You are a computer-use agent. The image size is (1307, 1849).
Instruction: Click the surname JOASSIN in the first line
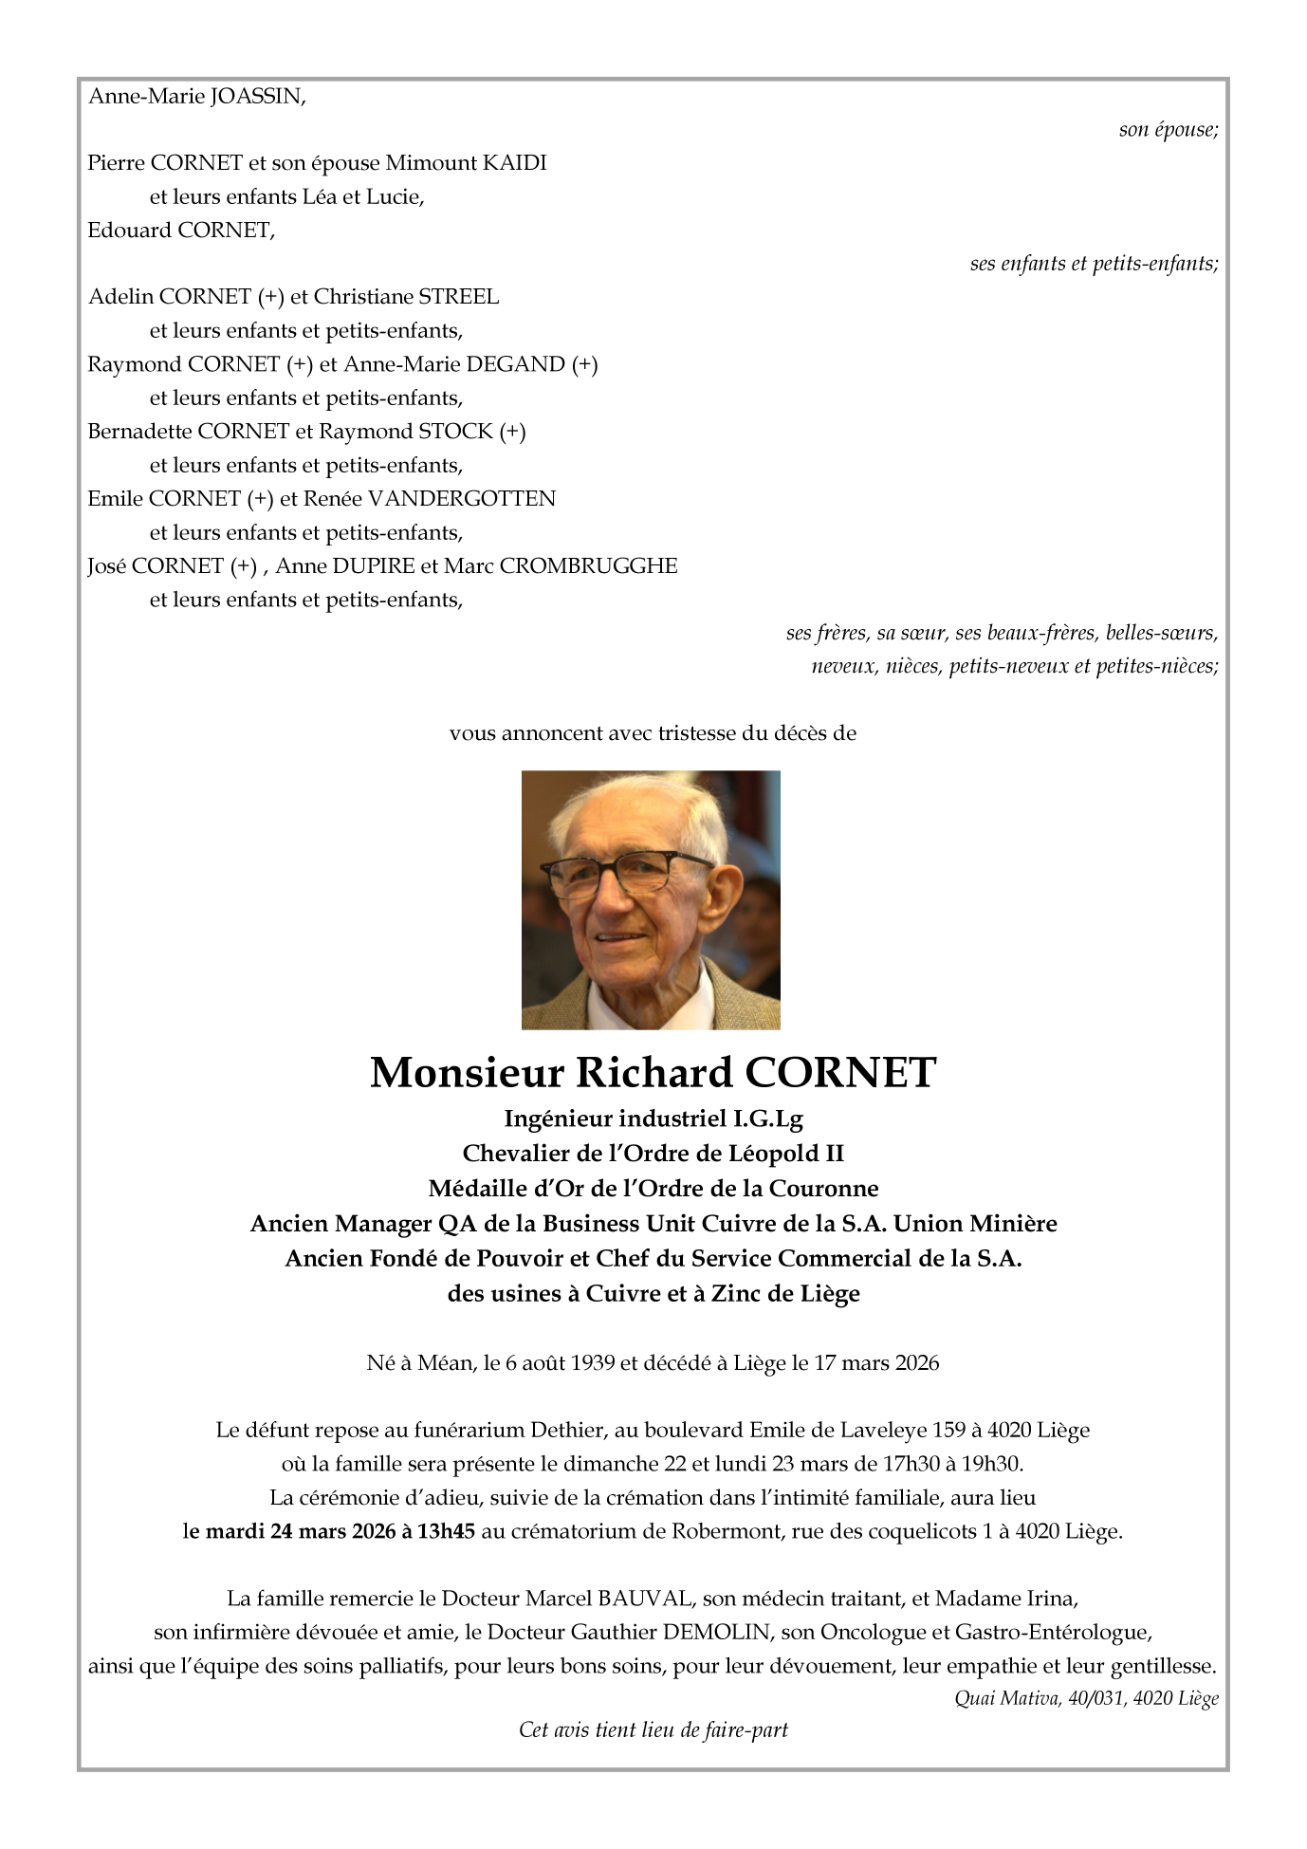[257, 97]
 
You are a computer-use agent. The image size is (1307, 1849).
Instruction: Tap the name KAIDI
[515, 163]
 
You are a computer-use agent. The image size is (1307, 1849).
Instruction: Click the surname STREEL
[459, 297]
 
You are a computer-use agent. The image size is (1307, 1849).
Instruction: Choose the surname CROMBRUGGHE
[588, 566]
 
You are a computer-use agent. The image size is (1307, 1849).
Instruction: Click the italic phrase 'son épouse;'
[1169, 130]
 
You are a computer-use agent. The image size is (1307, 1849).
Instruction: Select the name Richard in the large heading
[654, 1073]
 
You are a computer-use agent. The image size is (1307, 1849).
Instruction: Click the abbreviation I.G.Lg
[768, 1119]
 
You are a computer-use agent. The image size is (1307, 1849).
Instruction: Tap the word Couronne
[823, 1189]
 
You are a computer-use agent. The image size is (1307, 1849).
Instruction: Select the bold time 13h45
[446, 1531]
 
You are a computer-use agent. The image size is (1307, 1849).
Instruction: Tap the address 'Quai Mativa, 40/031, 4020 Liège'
[1086, 1698]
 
